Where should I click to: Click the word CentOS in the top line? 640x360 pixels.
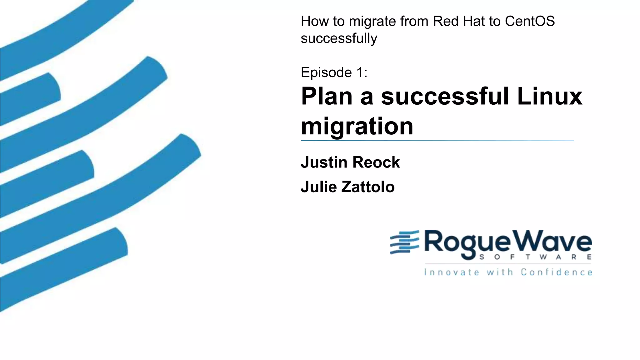click(530, 21)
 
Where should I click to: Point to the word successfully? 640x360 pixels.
click(339, 39)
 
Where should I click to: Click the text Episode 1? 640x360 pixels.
click(334, 72)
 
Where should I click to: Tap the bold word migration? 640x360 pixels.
click(357, 126)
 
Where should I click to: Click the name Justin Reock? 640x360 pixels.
click(350, 162)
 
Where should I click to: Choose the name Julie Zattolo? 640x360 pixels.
click(347, 187)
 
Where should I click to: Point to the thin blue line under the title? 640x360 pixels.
click(437, 141)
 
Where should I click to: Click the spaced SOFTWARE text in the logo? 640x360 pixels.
click(535, 257)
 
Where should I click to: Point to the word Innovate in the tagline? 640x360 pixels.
click(451, 272)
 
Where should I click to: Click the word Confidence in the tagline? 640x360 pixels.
click(556, 272)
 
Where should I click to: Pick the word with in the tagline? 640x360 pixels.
click(500, 272)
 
